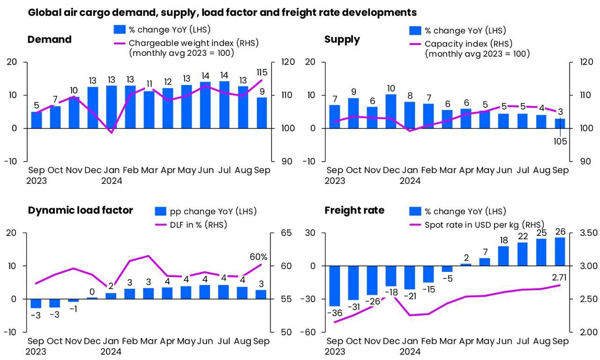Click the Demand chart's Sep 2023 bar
tap(37, 120)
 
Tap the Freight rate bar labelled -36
tap(334, 286)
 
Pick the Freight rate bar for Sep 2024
tap(560, 252)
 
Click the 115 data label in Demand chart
tap(262, 73)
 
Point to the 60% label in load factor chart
tap(258, 257)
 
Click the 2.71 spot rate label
tap(559, 277)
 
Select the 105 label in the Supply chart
tap(560, 141)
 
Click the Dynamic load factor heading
tap(80, 210)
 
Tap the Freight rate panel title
tap(354, 210)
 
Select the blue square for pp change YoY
tap(161, 211)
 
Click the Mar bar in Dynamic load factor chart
tap(148, 293)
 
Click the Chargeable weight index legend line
tap(120, 43)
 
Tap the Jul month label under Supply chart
tap(523, 170)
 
